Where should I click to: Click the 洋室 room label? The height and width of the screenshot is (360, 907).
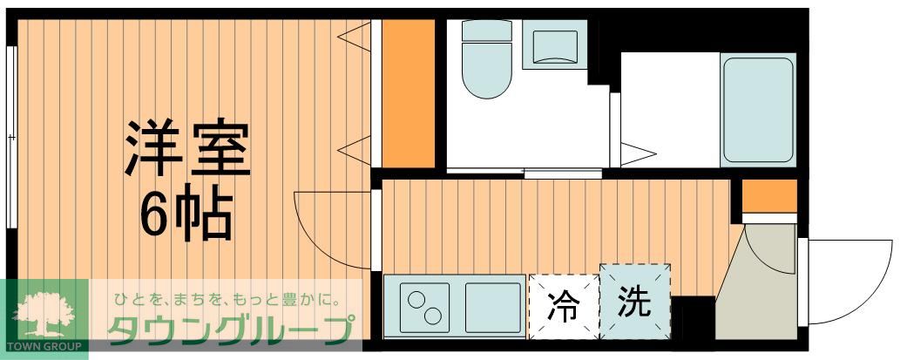click(x=188, y=150)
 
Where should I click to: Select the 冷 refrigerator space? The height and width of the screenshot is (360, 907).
click(x=565, y=306)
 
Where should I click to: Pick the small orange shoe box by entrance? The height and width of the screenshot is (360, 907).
click(x=769, y=195)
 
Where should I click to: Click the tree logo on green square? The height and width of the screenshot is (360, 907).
click(x=44, y=312)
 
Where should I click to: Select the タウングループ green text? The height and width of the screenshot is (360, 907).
click(x=232, y=330)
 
